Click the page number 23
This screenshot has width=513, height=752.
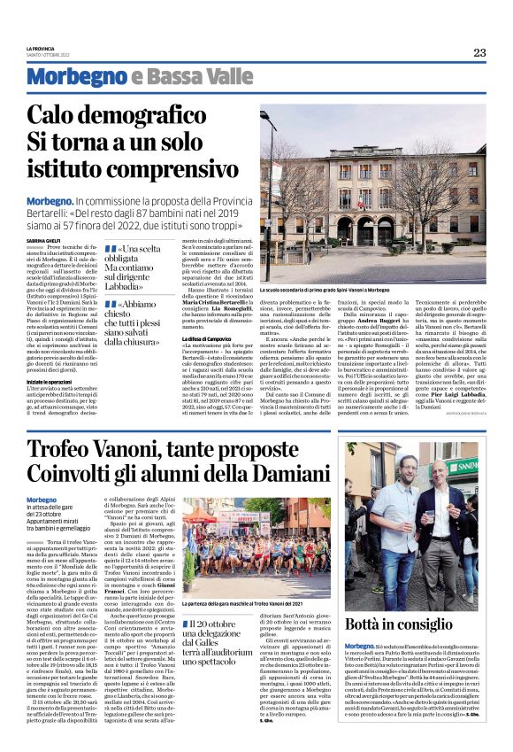click(479, 52)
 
